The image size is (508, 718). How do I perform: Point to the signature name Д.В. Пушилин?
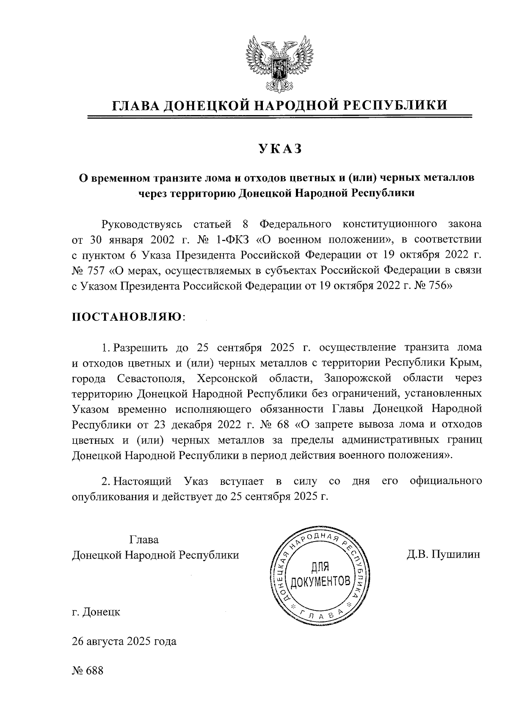click(443, 555)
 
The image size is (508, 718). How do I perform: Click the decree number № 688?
click(88, 671)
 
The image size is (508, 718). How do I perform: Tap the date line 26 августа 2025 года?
click(124, 641)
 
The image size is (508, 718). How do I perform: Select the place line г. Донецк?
click(96, 612)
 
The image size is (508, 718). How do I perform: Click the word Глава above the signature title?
click(144, 540)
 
